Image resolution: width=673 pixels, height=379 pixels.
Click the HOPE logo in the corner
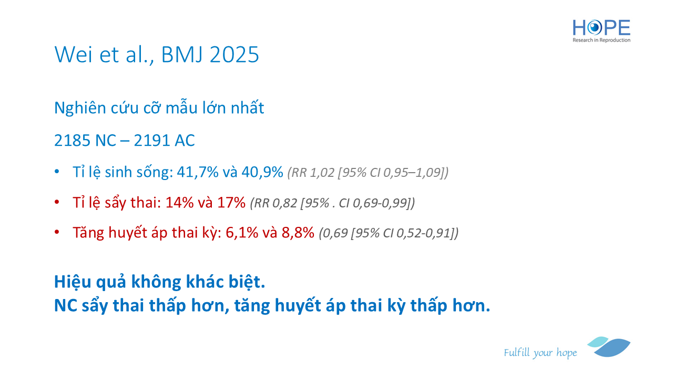[601, 31]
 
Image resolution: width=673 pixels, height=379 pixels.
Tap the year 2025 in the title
[234, 54]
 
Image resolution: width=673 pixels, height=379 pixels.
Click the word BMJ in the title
[182, 54]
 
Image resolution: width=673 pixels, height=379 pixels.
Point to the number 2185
[72, 141]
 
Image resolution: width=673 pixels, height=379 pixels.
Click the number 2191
[151, 141]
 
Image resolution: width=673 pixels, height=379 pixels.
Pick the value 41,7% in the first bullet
[198, 172]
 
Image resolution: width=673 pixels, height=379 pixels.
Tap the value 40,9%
[262, 172]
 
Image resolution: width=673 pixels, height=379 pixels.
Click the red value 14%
[180, 203]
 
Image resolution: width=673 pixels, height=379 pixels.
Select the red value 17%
[231, 203]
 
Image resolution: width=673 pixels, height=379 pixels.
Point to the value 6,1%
[242, 233]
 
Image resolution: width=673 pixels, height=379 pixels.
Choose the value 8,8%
[298, 233]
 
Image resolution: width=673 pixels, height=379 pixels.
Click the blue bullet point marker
[57, 172]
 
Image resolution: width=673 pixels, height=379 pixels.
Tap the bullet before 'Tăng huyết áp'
[57, 232]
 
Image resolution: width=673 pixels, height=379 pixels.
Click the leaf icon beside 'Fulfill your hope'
[609, 347]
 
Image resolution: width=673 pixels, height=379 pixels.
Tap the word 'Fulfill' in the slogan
[517, 352]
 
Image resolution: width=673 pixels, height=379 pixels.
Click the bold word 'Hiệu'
[73, 282]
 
